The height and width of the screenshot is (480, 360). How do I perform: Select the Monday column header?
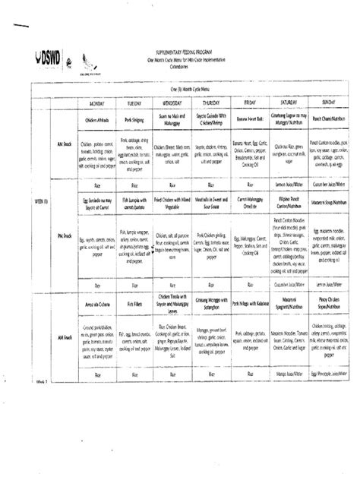[x=99, y=100]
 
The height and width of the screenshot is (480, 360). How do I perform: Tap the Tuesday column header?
[x=134, y=100]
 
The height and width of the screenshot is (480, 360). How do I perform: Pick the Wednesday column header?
[x=171, y=100]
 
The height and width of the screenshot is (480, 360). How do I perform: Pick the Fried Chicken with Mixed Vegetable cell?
[x=171, y=204]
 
